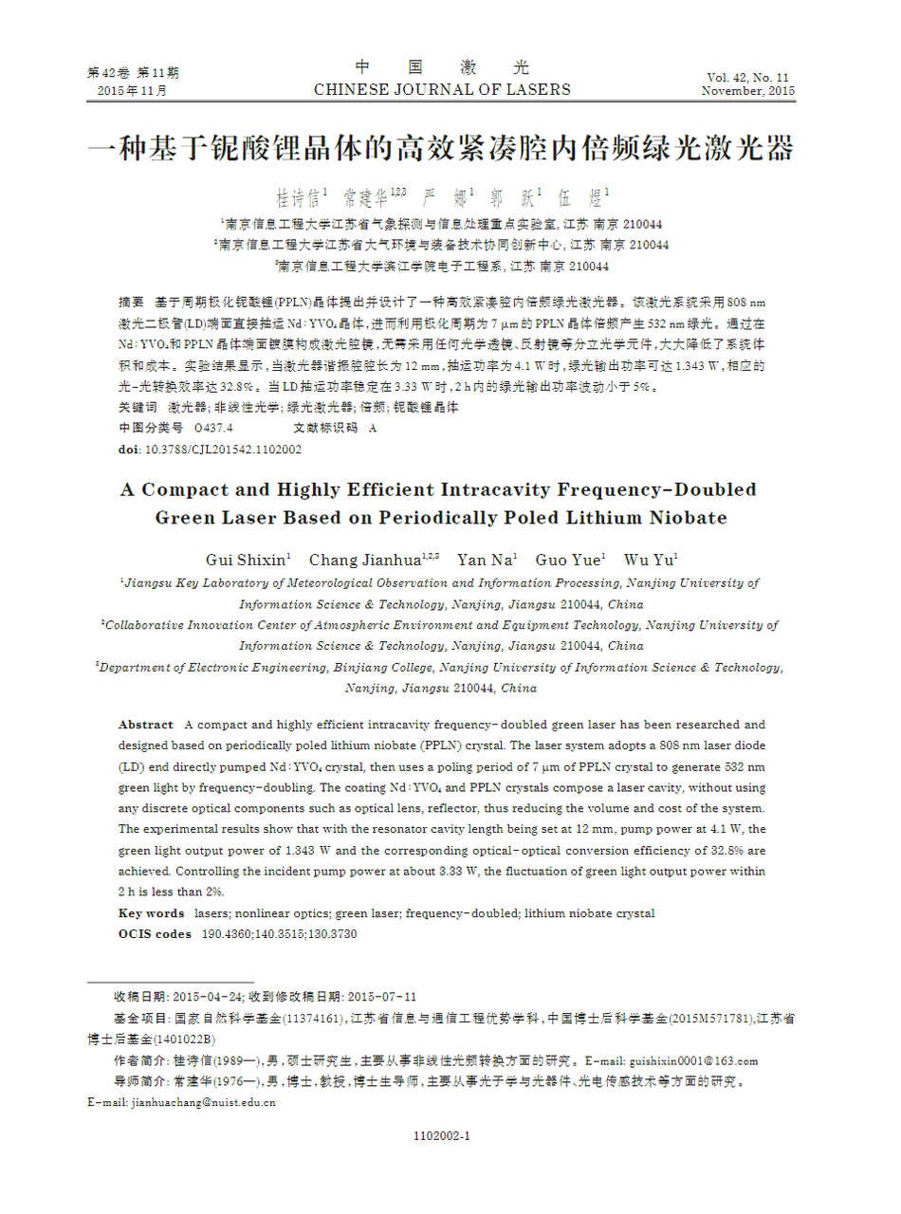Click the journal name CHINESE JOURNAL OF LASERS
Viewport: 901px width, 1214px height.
(x=442, y=90)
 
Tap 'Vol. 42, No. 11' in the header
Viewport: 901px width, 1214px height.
(x=747, y=77)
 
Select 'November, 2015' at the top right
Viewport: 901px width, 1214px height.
(x=747, y=91)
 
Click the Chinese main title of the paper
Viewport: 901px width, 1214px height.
(x=440, y=149)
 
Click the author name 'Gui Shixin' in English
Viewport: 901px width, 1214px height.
(x=247, y=560)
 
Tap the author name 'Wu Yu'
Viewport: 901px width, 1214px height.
(x=649, y=560)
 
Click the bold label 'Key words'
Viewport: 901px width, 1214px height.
(x=151, y=913)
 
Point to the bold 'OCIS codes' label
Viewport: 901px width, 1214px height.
(x=155, y=934)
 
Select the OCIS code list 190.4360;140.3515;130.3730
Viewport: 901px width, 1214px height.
(x=280, y=934)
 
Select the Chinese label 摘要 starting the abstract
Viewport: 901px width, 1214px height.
(x=131, y=303)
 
